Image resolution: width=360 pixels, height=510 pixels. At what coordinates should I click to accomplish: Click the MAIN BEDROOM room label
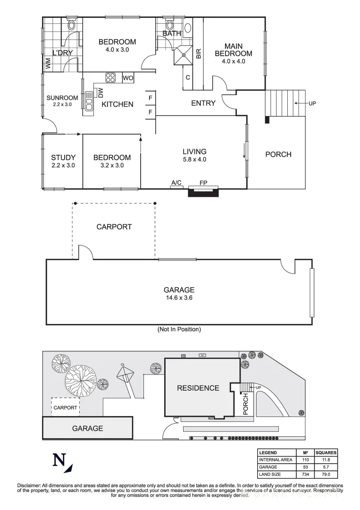pyautogui.click(x=234, y=50)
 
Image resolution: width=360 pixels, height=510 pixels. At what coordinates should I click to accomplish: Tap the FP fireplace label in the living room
pyautogui.click(x=203, y=182)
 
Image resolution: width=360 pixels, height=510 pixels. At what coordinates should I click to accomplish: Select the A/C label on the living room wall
pyautogui.click(x=177, y=182)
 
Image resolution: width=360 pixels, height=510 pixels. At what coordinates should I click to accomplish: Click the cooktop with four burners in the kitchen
pyautogui.click(x=111, y=77)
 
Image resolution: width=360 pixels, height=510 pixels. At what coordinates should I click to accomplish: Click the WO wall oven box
pyautogui.click(x=128, y=78)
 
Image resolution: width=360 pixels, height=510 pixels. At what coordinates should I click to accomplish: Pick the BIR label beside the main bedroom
pyautogui.click(x=198, y=53)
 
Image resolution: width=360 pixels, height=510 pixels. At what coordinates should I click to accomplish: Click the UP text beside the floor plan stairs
pyautogui.click(x=312, y=103)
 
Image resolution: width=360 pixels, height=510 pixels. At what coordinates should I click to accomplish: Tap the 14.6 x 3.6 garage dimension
pyautogui.click(x=179, y=298)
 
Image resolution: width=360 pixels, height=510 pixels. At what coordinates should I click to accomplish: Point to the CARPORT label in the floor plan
pyautogui.click(x=114, y=227)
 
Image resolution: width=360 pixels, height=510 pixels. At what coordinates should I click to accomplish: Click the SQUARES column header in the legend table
pyautogui.click(x=326, y=452)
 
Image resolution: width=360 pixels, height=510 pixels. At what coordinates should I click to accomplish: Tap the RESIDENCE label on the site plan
pyautogui.click(x=198, y=388)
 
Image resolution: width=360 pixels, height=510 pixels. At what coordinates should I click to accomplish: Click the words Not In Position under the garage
pyautogui.click(x=179, y=329)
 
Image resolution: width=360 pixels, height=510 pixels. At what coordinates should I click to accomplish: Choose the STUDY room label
pyautogui.click(x=63, y=157)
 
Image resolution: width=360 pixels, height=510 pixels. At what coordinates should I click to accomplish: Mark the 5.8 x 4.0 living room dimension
pyautogui.click(x=195, y=159)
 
